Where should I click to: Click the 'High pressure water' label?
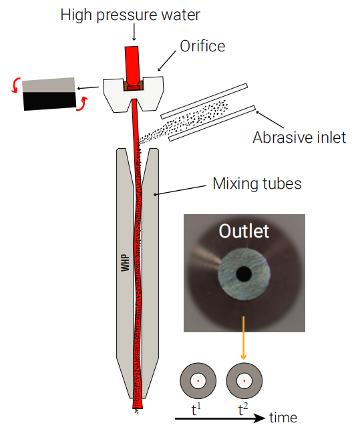point(130,15)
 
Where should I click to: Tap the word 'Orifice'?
point(202,46)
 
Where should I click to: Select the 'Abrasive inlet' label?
point(299,137)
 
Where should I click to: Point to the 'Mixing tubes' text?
point(257,183)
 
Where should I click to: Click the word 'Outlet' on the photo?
point(244,231)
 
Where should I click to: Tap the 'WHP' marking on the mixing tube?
point(126,263)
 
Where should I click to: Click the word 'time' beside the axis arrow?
point(283,418)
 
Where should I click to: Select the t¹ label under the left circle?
point(196,410)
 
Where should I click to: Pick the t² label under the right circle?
point(243,410)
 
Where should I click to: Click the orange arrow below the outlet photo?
point(243,338)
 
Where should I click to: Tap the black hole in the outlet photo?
point(244,274)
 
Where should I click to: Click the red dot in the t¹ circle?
point(198,381)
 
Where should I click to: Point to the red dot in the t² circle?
point(244,381)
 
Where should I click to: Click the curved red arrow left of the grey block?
point(15,85)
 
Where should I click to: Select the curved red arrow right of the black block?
point(82,104)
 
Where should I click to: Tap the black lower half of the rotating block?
point(50,101)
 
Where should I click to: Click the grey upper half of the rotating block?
point(49,85)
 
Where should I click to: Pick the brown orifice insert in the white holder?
point(133,85)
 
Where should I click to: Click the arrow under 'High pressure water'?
point(134,33)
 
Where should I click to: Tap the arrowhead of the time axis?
point(260,418)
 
